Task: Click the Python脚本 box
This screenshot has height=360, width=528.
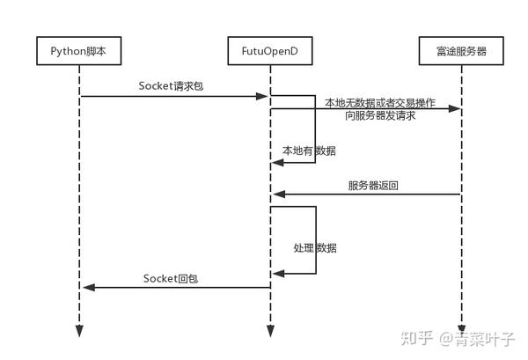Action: (x=78, y=52)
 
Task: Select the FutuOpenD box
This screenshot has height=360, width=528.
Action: (x=270, y=52)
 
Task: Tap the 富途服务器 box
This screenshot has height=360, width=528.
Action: (x=461, y=52)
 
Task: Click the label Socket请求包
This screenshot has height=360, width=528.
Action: (x=173, y=85)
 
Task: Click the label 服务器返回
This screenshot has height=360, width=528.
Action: (x=373, y=186)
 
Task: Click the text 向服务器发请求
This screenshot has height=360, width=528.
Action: (x=381, y=116)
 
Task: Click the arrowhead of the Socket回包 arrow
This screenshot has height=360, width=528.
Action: (x=86, y=287)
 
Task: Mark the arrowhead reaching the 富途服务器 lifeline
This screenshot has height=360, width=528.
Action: (x=454, y=108)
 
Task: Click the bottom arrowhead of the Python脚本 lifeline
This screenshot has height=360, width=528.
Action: (x=78, y=331)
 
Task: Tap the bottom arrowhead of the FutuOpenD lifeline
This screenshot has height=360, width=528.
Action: (x=270, y=331)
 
